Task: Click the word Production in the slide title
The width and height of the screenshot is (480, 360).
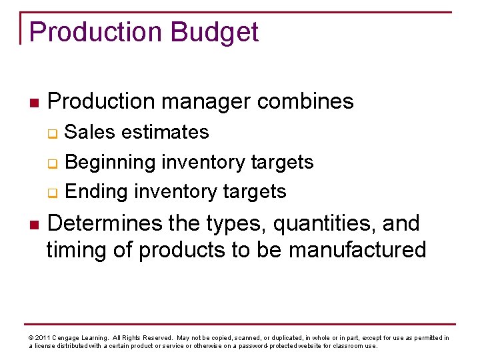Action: (x=95, y=32)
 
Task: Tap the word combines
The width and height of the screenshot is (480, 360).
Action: (x=305, y=101)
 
